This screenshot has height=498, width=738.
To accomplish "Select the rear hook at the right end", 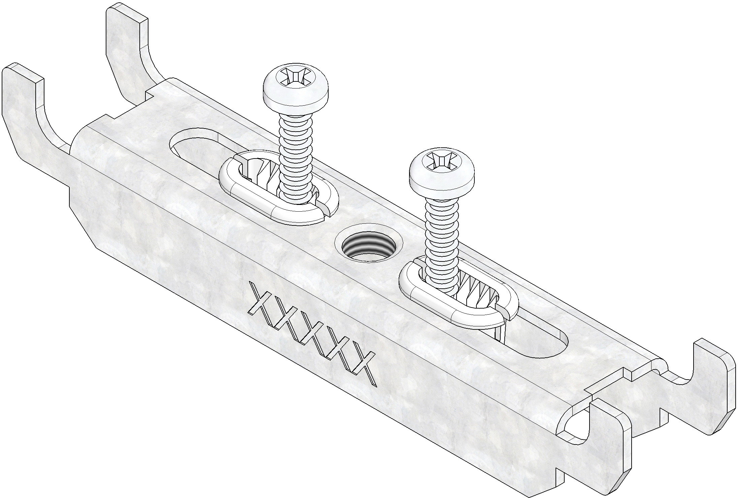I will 707,377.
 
